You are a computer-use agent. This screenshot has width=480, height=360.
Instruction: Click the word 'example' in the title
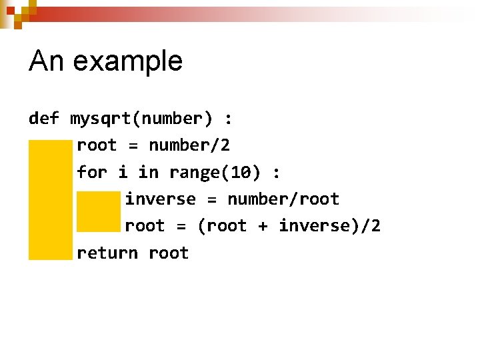[127, 62]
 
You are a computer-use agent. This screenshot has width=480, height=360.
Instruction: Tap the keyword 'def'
[44, 119]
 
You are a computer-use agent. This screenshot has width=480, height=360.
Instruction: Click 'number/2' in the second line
[189, 145]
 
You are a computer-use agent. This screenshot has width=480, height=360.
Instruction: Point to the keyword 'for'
[92, 173]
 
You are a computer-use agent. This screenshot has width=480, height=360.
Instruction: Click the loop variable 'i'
[123, 173]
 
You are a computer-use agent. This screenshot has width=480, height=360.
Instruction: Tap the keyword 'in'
[149, 173]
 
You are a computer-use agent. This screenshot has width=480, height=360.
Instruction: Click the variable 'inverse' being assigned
[161, 199]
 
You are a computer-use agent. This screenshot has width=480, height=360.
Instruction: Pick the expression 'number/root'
[283, 199]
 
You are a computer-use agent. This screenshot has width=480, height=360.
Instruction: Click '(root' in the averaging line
[222, 226]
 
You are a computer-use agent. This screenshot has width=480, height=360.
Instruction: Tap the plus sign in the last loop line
[263, 227]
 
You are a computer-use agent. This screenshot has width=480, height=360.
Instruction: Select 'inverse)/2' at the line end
[330, 226]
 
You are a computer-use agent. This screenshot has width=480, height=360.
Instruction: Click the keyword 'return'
[107, 253]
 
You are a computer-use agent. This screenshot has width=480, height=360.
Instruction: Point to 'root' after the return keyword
[169, 253]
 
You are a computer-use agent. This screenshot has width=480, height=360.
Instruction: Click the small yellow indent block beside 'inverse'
[99, 211]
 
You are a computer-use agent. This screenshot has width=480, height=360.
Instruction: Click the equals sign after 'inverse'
[211, 199]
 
